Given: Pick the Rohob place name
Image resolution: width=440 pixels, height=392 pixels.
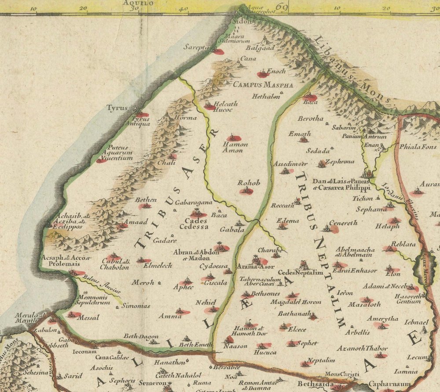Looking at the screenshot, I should coord(249,182).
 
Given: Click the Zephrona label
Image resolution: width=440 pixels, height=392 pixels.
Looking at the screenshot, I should coord(339,161).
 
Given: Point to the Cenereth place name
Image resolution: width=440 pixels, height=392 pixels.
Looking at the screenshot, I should coord(343,223).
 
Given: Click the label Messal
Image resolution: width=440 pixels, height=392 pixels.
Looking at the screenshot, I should coord(88,317).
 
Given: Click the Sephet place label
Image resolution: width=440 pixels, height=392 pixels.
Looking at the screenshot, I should coord(307,343).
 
